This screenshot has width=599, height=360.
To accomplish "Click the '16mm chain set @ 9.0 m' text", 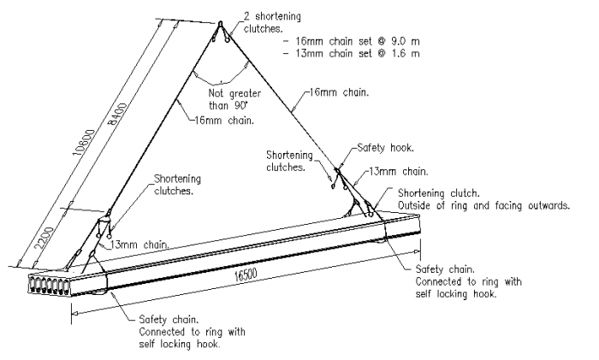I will click(349, 40).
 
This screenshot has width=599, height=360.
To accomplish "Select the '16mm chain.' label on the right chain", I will click(338, 93).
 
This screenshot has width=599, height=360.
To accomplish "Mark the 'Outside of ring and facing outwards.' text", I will click(483, 205).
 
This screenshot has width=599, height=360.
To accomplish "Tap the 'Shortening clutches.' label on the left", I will click(177, 184).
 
